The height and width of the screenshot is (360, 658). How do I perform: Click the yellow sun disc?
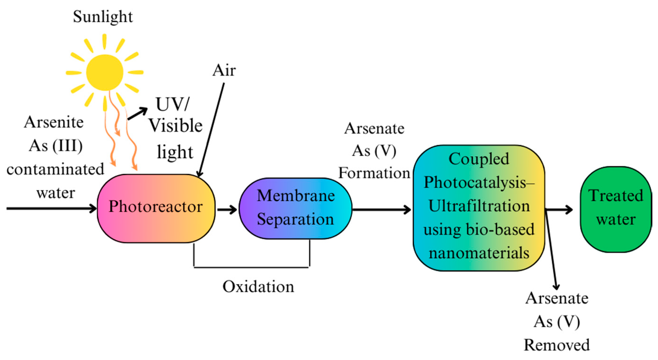click(x=104, y=72)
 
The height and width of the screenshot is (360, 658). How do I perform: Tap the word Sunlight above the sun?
click(x=103, y=17)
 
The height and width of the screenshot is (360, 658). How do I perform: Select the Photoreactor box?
click(x=156, y=208)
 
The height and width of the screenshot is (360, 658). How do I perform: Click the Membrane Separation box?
click(x=295, y=208)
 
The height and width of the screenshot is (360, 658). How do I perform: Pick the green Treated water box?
click(x=615, y=209)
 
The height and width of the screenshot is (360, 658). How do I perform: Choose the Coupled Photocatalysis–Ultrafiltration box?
click(x=479, y=208)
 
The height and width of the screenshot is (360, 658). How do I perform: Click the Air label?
click(x=224, y=71)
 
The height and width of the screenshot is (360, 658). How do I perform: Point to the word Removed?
click(x=557, y=345)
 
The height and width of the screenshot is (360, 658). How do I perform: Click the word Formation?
click(x=374, y=173)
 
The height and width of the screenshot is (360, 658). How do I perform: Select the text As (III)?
click(x=56, y=146)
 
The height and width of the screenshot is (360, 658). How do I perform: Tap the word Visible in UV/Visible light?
click(x=175, y=126)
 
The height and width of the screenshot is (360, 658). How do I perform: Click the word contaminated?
click(x=55, y=170)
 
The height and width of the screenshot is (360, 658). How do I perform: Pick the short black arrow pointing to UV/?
click(x=137, y=114)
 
